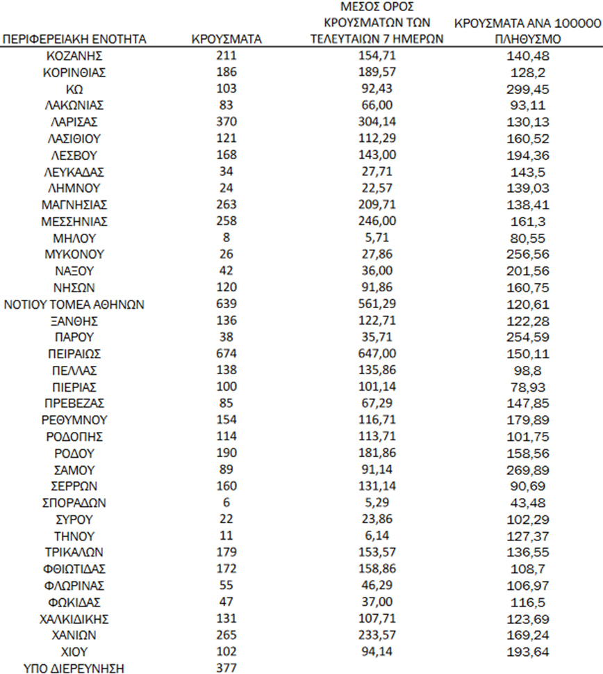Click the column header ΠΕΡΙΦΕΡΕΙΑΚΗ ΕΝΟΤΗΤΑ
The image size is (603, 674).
pyautogui.click(x=75, y=40)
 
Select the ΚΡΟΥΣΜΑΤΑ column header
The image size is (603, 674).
pyautogui.click(x=226, y=40)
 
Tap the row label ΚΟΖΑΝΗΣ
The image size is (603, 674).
pyautogui.click(x=75, y=55)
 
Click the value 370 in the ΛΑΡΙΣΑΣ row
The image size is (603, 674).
pyautogui.click(x=226, y=122)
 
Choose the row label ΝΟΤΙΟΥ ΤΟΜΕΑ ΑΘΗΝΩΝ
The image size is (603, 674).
pyautogui.click(x=75, y=304)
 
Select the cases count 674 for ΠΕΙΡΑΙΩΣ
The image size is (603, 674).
pyautogui.click(x=226, y=354)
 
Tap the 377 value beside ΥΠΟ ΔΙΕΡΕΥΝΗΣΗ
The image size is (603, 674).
pyautogui.click(x=226, y=668)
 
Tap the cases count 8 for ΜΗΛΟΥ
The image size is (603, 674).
pyautogui.click(x=226, y=237)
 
